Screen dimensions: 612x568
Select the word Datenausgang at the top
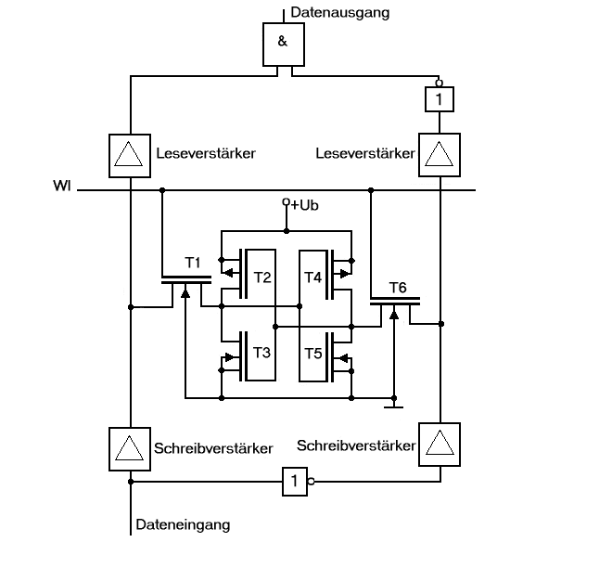point(340,13)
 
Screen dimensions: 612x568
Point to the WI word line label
point(62,186)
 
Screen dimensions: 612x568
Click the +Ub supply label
point(304,205)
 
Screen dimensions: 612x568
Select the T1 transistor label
point(193,263)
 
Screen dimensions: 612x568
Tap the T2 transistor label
point(262,278)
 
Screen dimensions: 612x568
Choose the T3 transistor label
point(261,353)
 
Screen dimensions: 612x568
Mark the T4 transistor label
point(312,278)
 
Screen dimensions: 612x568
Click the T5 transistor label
point(313,354)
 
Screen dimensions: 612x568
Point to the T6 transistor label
point(398,288)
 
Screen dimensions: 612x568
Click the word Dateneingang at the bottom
point(183,524)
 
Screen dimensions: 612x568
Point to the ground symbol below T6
point(394,407)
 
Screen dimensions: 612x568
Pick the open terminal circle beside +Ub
point(287,201)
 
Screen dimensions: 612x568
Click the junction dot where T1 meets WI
point(162,190)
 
